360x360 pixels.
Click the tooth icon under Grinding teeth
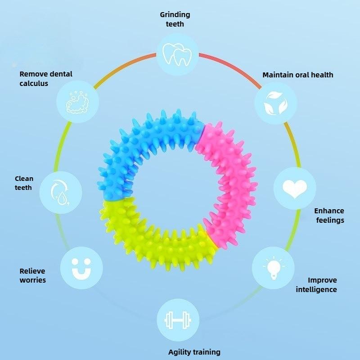(177, 54)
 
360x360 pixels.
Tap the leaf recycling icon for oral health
(275, 103)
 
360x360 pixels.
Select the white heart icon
(295, 188)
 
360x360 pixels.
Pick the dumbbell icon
(178, 320)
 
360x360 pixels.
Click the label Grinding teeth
(175, 19)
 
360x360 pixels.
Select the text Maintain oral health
(298, 75)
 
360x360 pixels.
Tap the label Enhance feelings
(329, 215)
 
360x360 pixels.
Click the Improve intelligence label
(316, 285)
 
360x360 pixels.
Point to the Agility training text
(194, 352)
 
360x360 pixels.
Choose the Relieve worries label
(32, 275)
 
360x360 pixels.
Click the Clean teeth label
(24, 183)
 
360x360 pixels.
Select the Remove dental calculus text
(45, 78)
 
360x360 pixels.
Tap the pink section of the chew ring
(229, 180)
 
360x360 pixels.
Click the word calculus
(34, 83)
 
